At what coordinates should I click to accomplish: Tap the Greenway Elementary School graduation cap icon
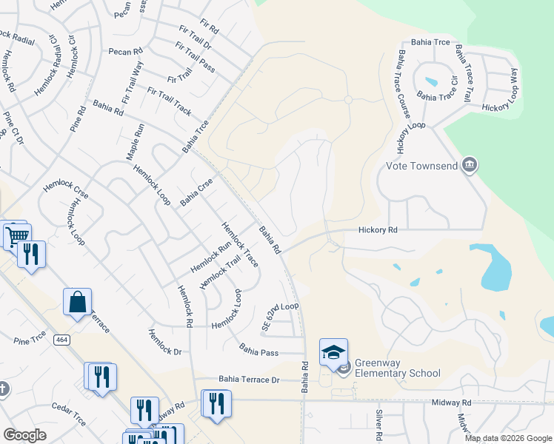pyautogui.click(x=333, y=351)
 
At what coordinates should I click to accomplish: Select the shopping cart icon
pyautogui.click(x=16, y=235)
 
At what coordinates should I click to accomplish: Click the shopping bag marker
pyautogui.click(x=77, y=301)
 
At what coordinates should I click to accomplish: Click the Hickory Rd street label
pyautogui.click(x=378, y=231)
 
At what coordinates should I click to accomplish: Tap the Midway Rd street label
pyautogui.click(x=452, y=403)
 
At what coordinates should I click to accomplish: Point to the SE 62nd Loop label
pyautogui.click(x=280, y=316)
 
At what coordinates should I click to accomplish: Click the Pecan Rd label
pyautogui.click(x=124, y=52)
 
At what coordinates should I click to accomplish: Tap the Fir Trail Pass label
pyautogui.click(x=195, y=57)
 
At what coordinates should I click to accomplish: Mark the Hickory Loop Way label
pyautogui.click(x=512, y=89)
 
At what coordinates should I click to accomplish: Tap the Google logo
pyautogui.click(x=24, y=435)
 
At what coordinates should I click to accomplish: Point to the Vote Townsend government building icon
pyautogui.click(x=468, y=164)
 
